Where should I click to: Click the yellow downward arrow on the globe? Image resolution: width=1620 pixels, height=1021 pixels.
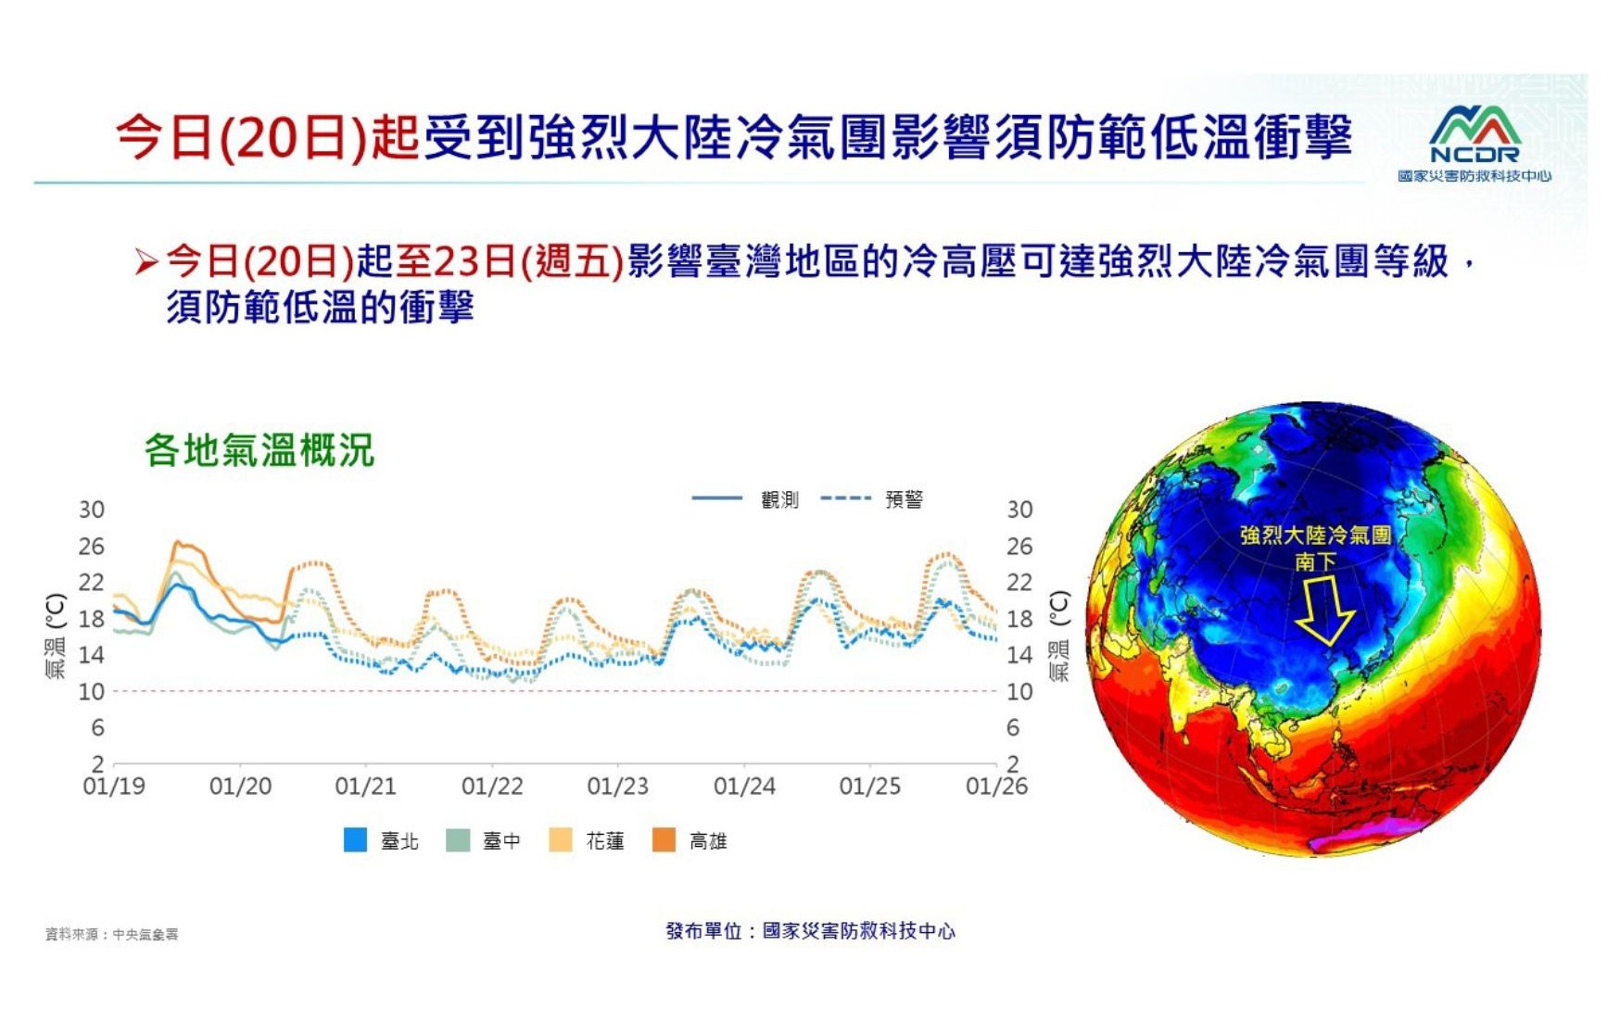coord(1324,610)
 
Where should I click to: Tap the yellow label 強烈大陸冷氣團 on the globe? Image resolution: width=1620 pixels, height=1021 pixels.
coord(1315,536)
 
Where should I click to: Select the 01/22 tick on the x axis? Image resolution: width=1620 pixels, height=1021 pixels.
coord(492,787)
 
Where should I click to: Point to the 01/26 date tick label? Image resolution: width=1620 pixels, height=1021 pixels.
coord(996,787)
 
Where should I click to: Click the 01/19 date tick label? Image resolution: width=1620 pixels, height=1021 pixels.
coord(114,787)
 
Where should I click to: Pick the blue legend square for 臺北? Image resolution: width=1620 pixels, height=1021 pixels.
coord(355,839)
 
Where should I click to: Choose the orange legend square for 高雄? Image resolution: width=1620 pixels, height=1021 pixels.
coord(664,839)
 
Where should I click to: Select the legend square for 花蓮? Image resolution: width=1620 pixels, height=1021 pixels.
coord(561,839)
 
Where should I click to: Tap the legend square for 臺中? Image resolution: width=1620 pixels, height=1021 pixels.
coord(458,839)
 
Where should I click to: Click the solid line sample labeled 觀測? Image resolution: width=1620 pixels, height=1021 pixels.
coord(716,498)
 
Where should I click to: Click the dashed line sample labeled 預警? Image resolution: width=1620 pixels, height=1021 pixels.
coord(845,498)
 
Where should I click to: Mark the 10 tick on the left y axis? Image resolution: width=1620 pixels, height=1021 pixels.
coord(91,692)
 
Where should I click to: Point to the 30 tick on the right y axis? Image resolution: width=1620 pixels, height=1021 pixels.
coord(1019,510)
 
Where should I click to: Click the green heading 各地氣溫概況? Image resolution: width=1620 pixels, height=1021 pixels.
coord(259,450)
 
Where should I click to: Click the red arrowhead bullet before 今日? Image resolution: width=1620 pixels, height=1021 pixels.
coord(146,262)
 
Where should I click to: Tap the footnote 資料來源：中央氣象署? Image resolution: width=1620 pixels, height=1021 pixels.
coord(112,934)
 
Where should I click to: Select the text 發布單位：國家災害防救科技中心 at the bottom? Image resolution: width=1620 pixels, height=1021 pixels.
coord(810,930)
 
